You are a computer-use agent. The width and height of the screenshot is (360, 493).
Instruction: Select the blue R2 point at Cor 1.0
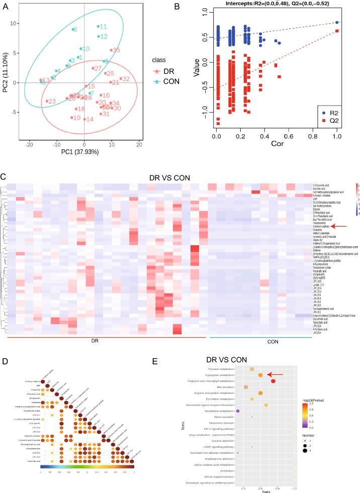(x=336, y=22)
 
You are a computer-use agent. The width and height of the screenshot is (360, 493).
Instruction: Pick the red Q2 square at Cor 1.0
(x=336, y=31)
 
